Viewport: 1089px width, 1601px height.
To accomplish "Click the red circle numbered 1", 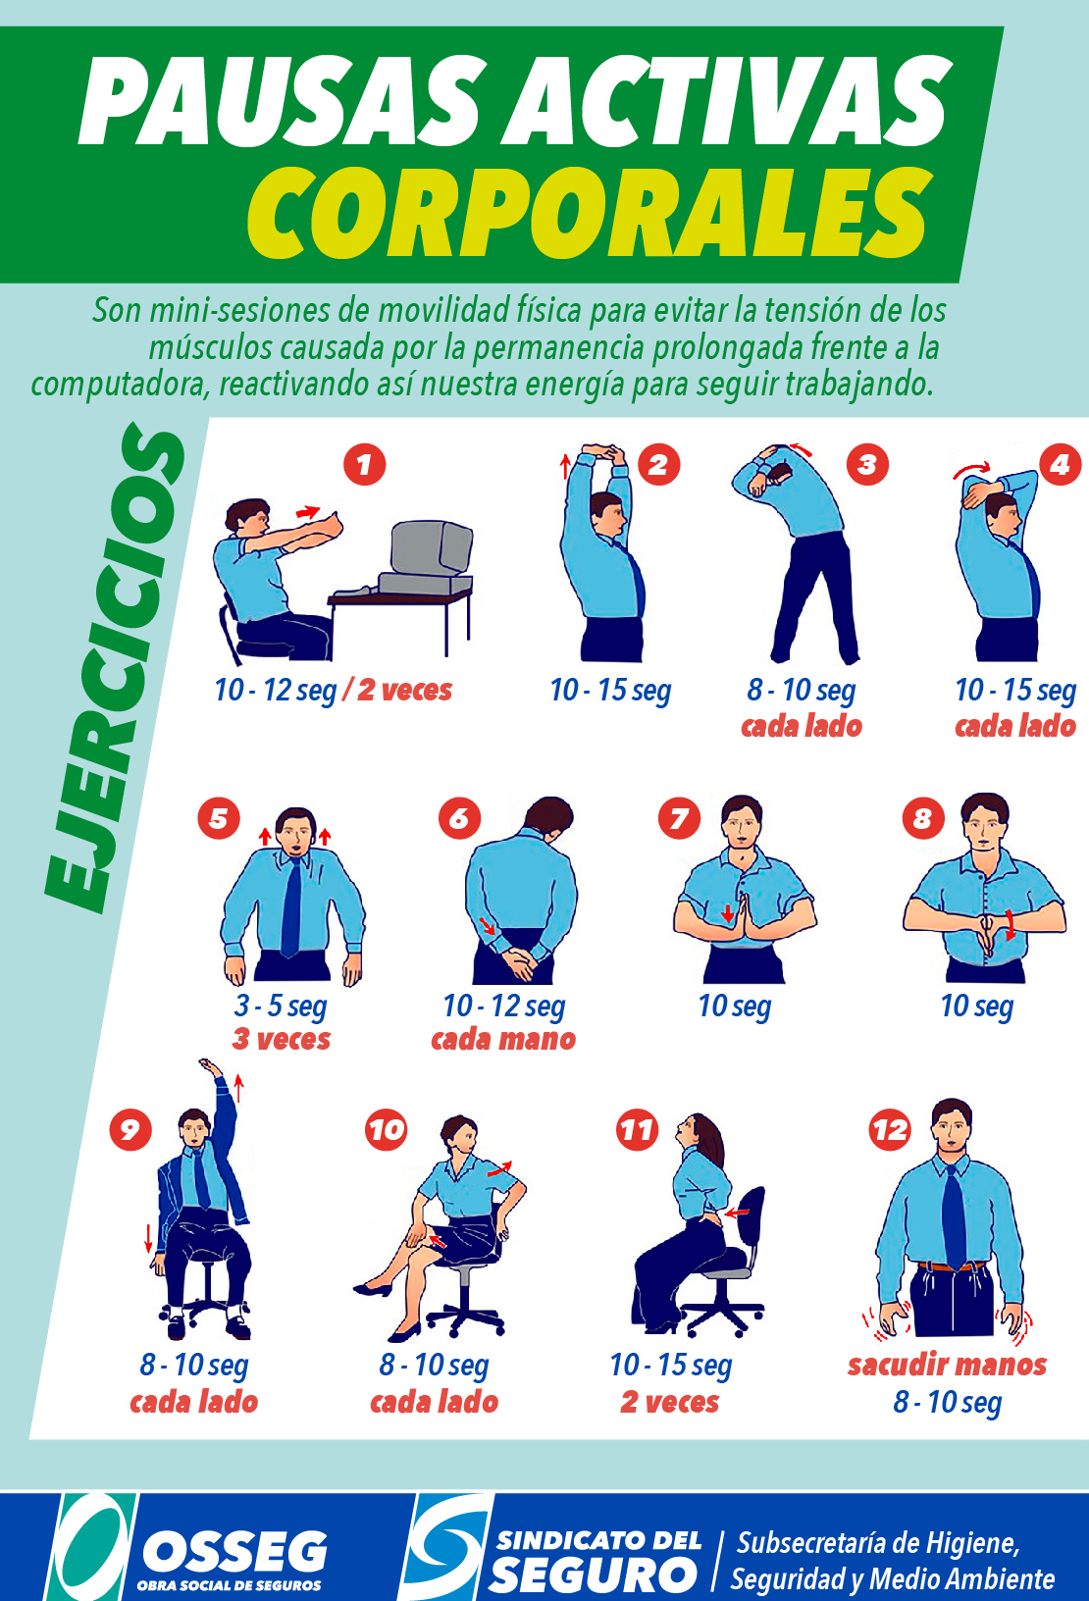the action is tap(364, 465).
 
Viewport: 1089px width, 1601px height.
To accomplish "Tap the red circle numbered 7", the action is tap(680, 818).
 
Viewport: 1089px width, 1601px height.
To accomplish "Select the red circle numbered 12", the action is tap(891, 1130).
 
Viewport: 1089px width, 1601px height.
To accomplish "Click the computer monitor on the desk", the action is tap(430, 549).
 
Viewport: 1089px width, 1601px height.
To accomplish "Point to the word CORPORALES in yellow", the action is tap(591, 212).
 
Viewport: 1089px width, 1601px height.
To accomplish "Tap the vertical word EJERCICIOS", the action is tap(115, 667).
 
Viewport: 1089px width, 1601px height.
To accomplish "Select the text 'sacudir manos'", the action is tap(947, 1365).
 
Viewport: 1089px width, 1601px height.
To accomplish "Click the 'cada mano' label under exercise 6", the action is tap(503, 1039).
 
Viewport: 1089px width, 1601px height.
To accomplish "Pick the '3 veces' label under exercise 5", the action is tap(281, 1039).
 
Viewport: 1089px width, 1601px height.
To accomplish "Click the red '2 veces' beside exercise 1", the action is tap(404, 691).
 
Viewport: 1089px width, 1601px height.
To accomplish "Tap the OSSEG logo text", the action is tap(235, 1551).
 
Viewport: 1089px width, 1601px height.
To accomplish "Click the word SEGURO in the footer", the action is tap(594, 1575).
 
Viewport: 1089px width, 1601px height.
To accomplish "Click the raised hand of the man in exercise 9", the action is tap(211, 1065).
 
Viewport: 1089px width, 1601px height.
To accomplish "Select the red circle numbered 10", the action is tap(387, 1130).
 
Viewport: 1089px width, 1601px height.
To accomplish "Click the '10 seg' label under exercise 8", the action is tap(977, 1007).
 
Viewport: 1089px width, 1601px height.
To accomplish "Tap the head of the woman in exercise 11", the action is tap(697, 1133).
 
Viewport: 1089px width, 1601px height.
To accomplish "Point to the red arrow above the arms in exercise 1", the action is tap(308, 512).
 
